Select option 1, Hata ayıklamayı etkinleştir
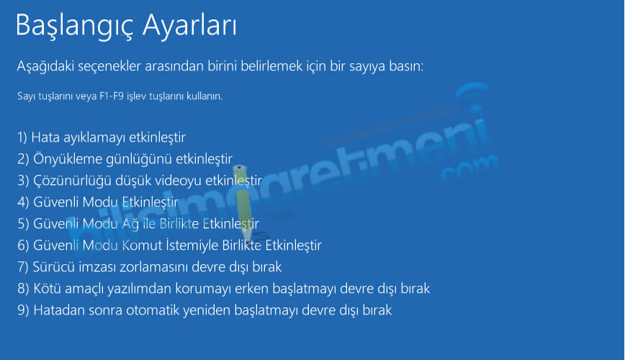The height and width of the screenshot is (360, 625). (x=102, y=138)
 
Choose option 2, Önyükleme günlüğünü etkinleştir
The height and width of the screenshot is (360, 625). (x=125, y=159)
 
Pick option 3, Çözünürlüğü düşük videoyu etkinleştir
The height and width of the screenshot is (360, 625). (x=140, y=181)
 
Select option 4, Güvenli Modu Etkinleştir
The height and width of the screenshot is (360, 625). (x=98, y=202)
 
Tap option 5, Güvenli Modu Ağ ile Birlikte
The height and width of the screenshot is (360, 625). (x=138, y=224)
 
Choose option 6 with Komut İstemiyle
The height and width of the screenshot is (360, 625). (x=169, y=246)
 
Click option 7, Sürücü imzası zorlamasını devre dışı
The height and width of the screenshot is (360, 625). (x=150, y=266)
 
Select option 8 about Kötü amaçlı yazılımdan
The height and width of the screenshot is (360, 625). (x=224, y=288)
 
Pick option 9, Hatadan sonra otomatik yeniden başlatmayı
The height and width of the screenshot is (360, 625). (x=204, y=310)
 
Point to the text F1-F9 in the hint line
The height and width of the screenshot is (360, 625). (x=112, y=96)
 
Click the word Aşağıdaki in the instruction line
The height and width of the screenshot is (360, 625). (x=45, y=66)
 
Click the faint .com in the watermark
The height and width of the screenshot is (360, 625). (x=470, y=169)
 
